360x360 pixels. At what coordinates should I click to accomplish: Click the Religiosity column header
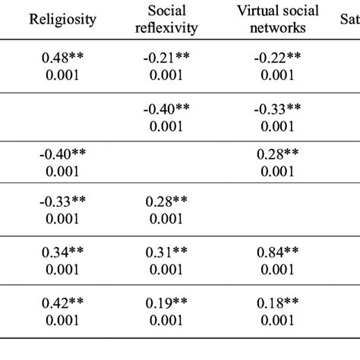point(62,19)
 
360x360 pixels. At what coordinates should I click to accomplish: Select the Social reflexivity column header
point(170,19)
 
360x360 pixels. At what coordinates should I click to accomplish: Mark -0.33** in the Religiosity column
point(62,202)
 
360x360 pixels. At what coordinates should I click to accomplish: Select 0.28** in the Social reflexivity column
point(170,202)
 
